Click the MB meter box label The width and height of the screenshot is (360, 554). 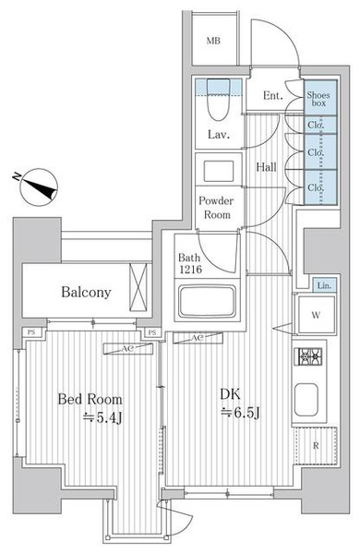coord(213,41)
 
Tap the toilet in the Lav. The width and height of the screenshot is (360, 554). coord(219,100)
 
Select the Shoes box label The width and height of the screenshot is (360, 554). coord(318,99)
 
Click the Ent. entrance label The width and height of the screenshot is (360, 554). coord(273,95)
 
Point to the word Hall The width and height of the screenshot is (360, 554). coord(267,167)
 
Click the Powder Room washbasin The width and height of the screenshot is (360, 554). coord(219,171)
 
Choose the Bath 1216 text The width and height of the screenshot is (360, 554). coord(190,263)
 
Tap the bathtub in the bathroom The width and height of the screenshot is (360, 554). coord(207,301)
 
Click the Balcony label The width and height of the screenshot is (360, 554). coord(86,292)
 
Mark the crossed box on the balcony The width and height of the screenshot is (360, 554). coord(138,287)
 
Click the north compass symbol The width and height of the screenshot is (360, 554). coord(38,187)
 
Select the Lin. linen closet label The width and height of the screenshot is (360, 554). coord(324,285)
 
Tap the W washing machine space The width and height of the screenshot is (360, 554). coord(317,315)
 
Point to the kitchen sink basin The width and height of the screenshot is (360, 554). coord(306,400)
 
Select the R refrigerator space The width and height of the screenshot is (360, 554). coord(316,446)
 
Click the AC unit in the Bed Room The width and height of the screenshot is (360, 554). coord(127,348)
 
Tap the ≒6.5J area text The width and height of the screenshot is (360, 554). coord(241,412)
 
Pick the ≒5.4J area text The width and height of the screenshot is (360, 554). coord(102,417)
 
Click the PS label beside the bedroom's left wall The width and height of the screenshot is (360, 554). coord(31,332)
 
